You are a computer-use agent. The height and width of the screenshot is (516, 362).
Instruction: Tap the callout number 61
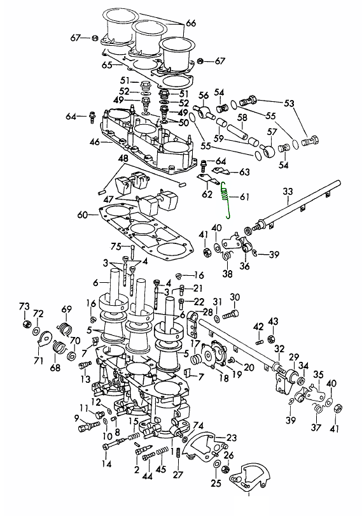click(x=244, y=197)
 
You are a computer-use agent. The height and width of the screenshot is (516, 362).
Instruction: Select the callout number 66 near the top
click(x=191, y=23)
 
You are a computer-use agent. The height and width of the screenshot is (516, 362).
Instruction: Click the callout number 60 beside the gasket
click(x=82, y=215)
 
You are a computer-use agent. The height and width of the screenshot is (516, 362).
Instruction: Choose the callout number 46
click(x=95, y=142)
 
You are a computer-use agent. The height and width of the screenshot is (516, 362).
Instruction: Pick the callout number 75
click(x=116, y=247)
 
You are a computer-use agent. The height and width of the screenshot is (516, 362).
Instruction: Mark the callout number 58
click(x=242, y=117)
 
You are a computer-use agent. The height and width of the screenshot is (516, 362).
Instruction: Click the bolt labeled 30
click(x=231, y=315)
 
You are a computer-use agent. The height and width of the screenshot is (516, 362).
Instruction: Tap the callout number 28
click(x=208, y=312)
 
